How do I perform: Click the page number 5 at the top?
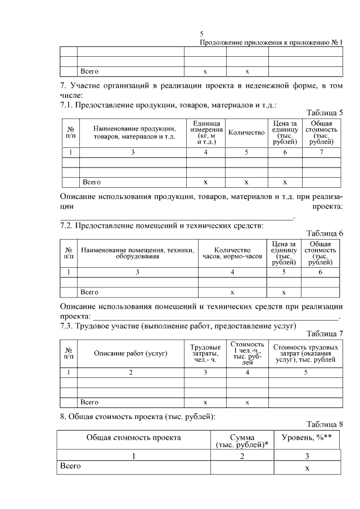tap(202, 34)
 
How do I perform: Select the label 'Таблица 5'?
tap(325, 112)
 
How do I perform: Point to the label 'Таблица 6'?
tap(325, 233)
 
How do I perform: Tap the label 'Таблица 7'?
tap(325, 333)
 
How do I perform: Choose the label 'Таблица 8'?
tap(325, 424)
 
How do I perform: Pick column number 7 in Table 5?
tap(321, 152)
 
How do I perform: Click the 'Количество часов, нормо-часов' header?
tap(232, 253)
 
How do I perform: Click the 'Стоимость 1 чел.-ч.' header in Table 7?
tap(247, 353)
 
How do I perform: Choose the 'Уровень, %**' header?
tap(307, 438)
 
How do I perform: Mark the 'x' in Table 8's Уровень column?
tap(307, 469)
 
